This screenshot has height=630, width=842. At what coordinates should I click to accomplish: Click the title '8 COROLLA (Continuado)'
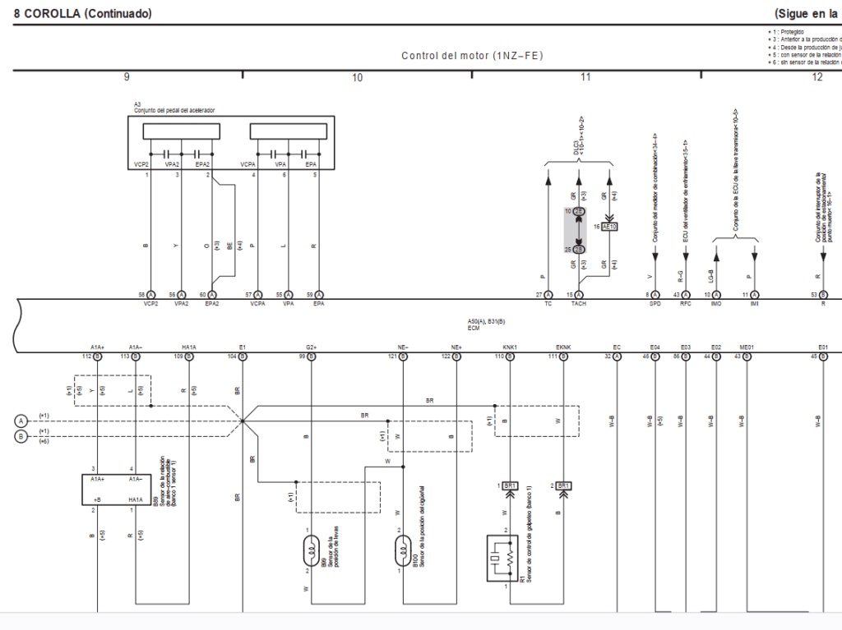(82, 14)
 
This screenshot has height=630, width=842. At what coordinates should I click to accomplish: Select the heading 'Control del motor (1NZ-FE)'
(472, 56)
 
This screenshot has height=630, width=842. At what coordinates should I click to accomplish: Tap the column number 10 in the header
(357, 77)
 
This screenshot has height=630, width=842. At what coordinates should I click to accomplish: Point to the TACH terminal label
(579, 304)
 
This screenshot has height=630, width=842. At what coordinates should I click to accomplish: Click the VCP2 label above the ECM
(150, 304)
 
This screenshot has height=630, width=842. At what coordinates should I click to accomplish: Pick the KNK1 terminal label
(510, 347)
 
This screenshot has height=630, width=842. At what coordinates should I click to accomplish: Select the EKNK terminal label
(563, 347)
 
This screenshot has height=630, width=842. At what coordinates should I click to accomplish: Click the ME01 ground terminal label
(747, 347)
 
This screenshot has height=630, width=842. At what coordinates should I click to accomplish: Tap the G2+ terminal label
(311, 347)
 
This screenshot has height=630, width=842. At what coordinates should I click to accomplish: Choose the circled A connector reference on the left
(21, 421)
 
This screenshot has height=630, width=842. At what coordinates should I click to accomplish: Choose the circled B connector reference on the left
(21, 436)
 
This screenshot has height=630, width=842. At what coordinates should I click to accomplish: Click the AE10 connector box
(609, 226)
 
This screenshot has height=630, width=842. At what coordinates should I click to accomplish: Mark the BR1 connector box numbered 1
(510, 486)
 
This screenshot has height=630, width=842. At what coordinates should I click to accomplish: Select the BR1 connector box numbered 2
(564, 486)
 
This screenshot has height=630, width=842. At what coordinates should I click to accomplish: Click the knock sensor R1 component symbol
(502, 559)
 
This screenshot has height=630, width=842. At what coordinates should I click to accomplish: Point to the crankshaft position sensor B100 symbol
(403, 549)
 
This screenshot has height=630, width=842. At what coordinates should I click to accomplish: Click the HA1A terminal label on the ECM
(189, 347)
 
